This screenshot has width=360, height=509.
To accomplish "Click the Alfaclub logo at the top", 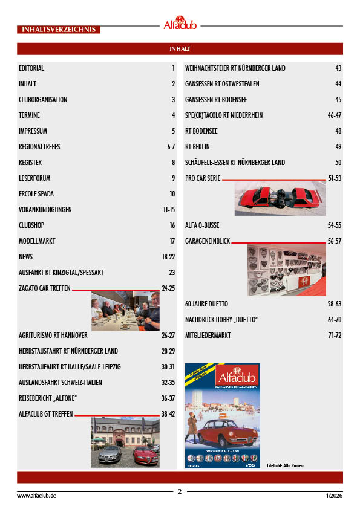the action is tap(180, 23).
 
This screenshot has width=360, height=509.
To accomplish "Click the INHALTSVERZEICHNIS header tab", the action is tap(59, 29).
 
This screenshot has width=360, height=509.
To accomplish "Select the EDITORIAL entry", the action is tap(31, 68).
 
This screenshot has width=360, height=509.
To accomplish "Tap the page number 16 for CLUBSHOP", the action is tap(172, 225).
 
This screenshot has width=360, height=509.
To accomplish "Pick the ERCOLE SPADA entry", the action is tap(38, 194).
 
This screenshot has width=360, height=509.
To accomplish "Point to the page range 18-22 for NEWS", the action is tap(168, 257).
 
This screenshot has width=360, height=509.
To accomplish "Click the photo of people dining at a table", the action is tap(125, 311).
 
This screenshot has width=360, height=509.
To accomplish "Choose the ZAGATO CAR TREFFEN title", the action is tap(45, 288).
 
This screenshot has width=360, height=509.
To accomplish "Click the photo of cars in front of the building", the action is tap(125, 442).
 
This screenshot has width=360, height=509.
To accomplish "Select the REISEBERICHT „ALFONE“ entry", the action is tap(50, 398).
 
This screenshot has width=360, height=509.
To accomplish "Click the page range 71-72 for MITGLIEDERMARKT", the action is tap(335, 336).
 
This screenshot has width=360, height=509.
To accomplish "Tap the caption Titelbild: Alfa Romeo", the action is tap(284, 465).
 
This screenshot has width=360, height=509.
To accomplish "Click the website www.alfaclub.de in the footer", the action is tap(37, 495).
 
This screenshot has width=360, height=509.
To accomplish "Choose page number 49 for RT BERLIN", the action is tap(338, 147).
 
